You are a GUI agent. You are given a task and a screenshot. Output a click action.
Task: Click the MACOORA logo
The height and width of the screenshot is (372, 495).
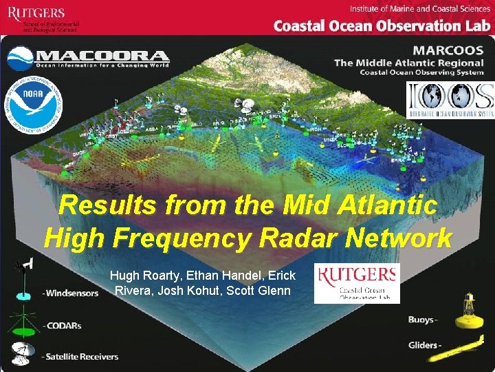tap(88, 59)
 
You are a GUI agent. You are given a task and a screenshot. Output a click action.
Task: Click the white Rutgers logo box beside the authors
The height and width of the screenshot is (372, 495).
tap(356, 283)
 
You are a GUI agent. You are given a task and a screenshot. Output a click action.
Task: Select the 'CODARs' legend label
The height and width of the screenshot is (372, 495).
tap(63, 326)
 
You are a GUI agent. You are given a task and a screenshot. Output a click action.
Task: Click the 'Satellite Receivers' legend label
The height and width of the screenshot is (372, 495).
tap(80, 357)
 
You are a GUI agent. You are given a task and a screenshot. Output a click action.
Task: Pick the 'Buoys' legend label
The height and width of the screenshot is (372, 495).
tap(421, 320)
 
